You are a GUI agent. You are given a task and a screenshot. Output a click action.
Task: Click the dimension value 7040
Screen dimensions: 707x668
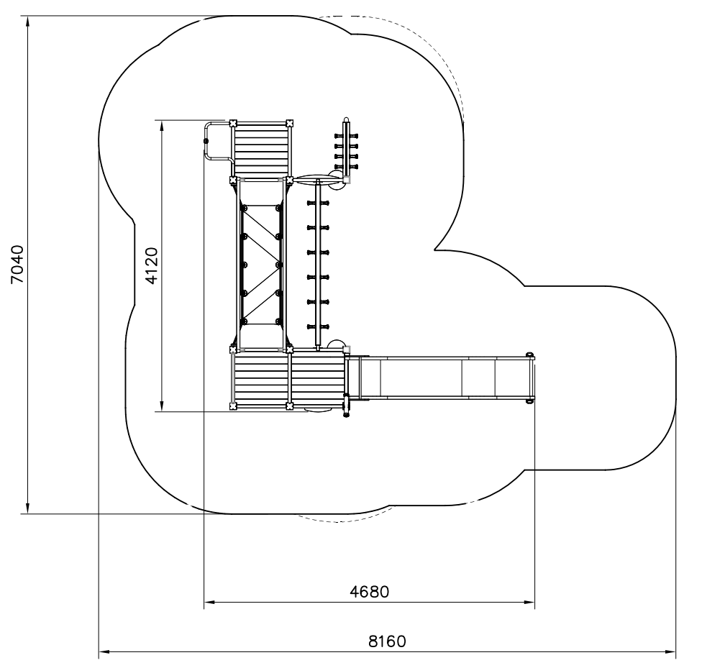click(x=17, y=264)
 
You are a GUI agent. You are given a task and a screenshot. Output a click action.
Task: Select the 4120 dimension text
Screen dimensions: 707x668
click(x=152, y=266)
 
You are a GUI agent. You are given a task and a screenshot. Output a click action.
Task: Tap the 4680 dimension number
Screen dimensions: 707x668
click(x=369, y=591)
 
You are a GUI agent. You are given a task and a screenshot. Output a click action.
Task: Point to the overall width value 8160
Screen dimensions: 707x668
click(x=387, y=641)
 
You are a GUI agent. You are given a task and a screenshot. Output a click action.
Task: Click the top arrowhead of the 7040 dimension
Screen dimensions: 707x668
click(x=28, y=20)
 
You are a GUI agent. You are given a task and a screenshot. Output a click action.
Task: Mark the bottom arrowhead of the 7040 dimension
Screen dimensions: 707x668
click(x=28, y=509)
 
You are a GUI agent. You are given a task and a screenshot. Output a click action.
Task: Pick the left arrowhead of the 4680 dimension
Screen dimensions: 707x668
click(x=209, y=602)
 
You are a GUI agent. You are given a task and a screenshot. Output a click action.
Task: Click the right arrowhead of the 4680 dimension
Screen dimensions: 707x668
click(x=530, y=602)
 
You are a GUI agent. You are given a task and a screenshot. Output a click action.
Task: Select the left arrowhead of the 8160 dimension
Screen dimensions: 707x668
click(x=104, y=651)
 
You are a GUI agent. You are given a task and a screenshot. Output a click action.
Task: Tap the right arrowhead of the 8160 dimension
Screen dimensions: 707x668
click(x=671, y=651)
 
